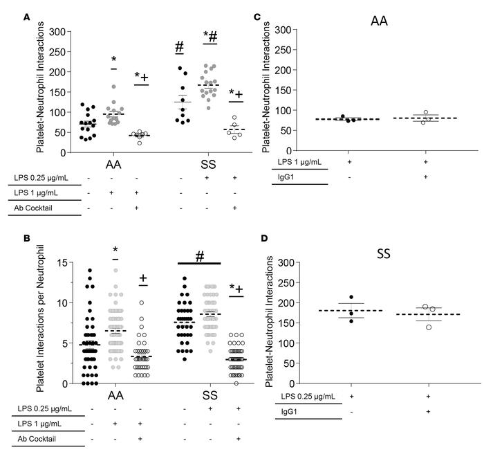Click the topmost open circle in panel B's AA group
[142, 303]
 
